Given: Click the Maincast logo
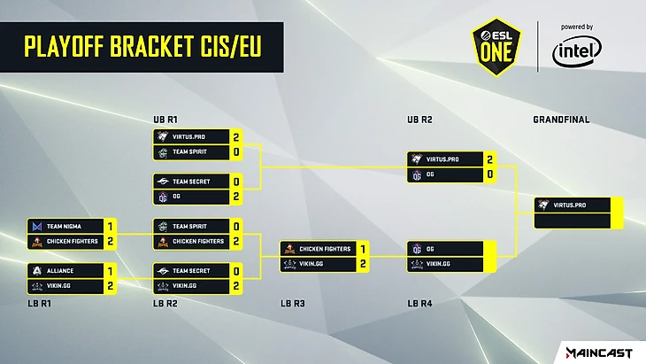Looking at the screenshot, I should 596,353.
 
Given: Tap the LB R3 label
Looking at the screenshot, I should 293,304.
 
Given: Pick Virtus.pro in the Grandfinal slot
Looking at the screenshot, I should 570,205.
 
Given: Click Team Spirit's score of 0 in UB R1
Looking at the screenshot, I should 236,152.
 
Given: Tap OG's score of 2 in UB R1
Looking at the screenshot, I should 236,195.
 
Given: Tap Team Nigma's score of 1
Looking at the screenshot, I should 109,227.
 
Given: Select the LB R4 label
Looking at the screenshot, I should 420,304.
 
